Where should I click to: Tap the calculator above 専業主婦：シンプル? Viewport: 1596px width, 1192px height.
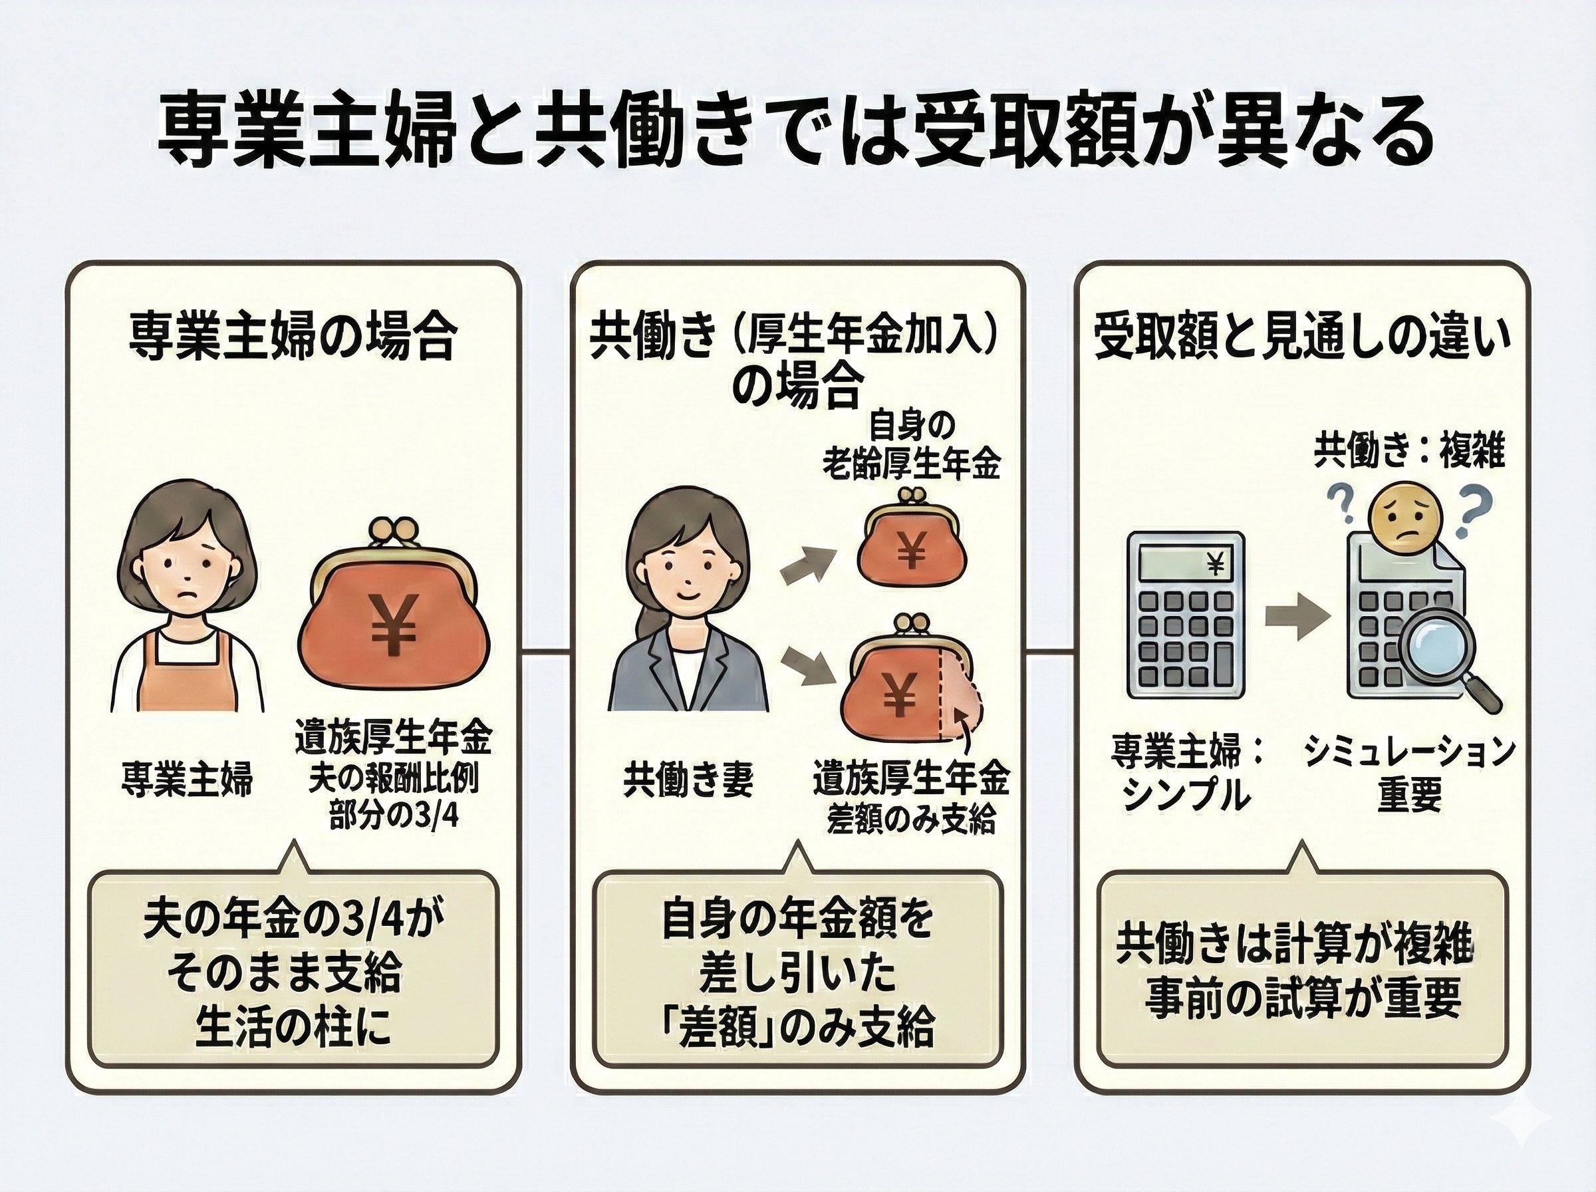[1186, 615]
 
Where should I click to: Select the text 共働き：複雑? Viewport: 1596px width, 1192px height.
[1408, 452]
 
